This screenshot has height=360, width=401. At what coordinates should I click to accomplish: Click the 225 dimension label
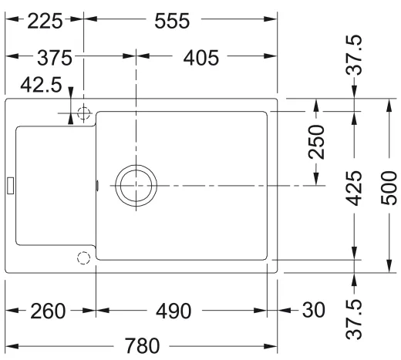[x=45, y=21]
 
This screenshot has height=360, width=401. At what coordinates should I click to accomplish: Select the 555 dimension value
[x=172, y=21]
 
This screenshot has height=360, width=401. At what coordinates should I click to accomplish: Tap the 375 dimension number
[x=55, y=58]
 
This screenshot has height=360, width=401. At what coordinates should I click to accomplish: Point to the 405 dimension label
[x=201, y=58]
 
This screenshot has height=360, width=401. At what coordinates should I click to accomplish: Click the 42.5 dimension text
[x=41, y=85]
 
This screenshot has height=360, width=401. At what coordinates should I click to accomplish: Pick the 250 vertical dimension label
[x=316, y=142]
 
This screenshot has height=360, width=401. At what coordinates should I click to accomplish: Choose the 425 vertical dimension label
[x=354, y=188]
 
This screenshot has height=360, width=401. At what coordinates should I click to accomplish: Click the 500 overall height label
[x=389, y=188]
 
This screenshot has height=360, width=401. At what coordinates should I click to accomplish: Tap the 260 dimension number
[x=48, y=311]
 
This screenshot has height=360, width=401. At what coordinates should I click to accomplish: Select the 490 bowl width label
[x=174, y=311]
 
